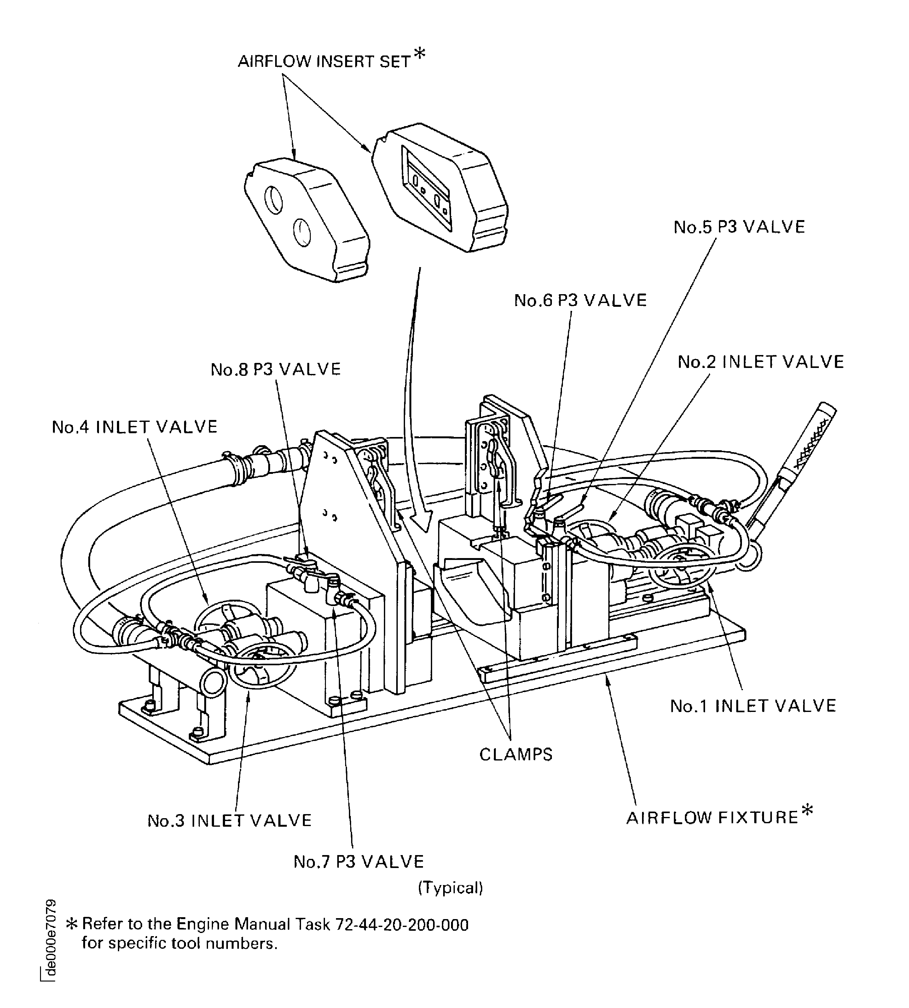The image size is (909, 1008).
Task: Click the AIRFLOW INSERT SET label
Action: pyautogui.click(x=324, y=61)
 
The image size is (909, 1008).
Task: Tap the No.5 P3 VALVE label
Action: pyautogui.click(x=739, y=227)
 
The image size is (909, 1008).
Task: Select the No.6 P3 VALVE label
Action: pyautogui.click(x=580, y=300)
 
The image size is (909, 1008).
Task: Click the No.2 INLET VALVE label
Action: pyautogui.click(x=760, y=362)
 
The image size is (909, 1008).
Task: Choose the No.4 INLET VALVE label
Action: pyautogui.click(x=135, y=427)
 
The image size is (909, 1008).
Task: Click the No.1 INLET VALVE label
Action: pyautogui.click(x=753, y=706)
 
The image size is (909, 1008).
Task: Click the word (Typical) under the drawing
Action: pyautogui.click(x=450, y=888)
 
